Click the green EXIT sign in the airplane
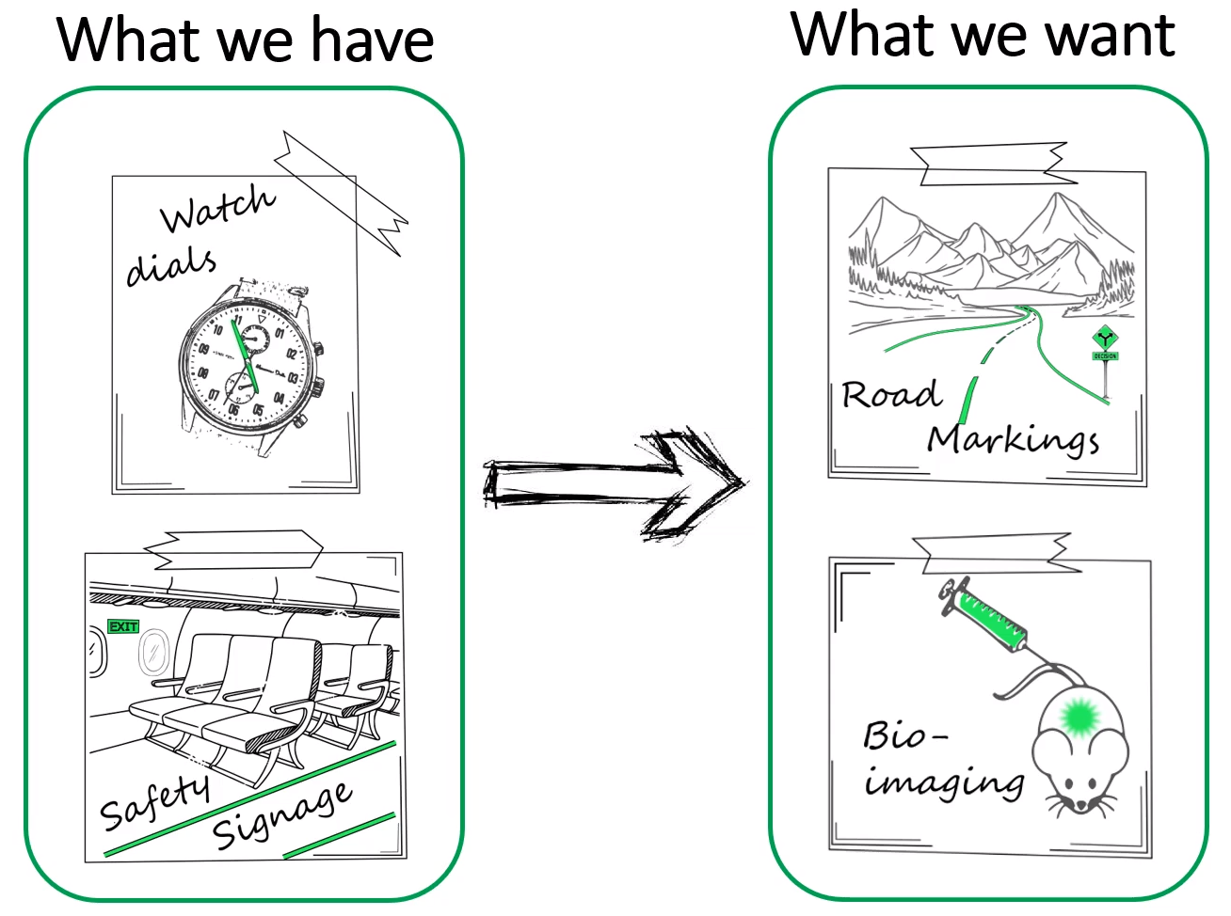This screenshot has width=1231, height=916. pyautogui.click(x=123, y=626)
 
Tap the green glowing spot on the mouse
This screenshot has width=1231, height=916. pyautogui.click(x=1078, y=718)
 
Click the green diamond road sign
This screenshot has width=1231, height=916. pyautogui.click(x=1105, y=340)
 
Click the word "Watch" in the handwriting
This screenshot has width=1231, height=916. pyautogui.click(x=217, y=209)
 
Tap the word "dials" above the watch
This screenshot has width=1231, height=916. pyautogui.click(x=170, y=265)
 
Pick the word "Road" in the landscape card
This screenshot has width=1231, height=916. pyautogui.click(x=890, y=394)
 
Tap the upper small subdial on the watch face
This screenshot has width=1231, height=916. pyautogui.click(x=254, y=336)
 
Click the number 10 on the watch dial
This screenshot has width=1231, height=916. pyautogui.click(x=217, y=329)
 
